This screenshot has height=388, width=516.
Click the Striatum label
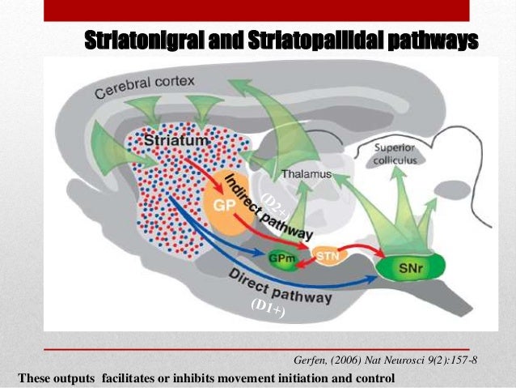(x=175, y=143)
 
